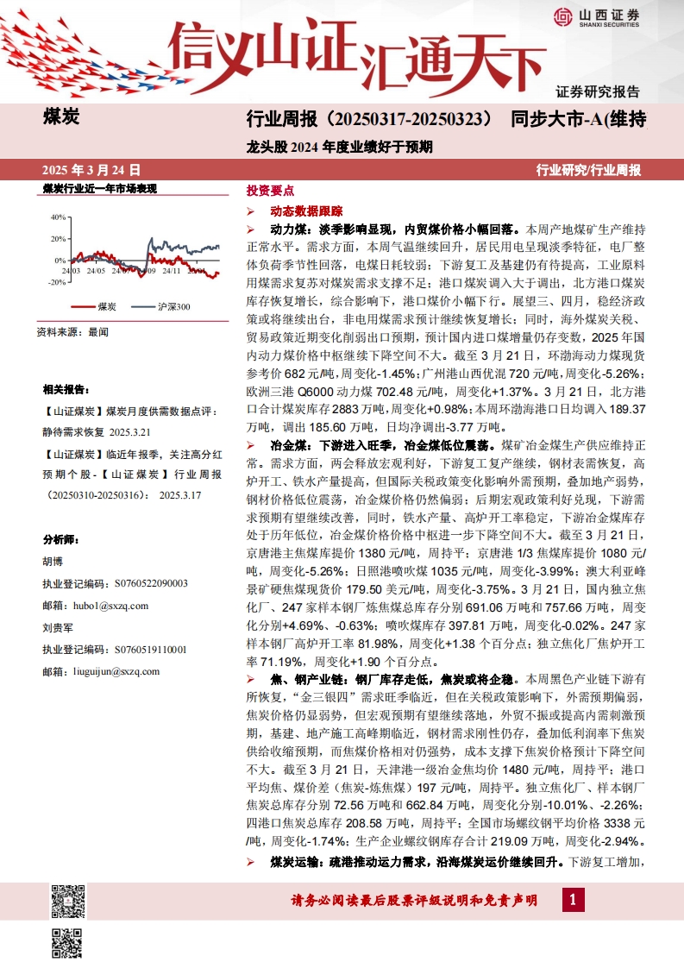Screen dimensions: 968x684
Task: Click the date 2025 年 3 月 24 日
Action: point(91,170)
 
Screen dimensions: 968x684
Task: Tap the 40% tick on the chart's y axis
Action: point(59,217)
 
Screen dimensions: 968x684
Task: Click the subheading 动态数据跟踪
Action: point(306,211)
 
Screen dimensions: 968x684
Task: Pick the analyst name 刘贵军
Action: point(57,627)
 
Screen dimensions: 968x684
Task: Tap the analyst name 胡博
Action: point(53,561)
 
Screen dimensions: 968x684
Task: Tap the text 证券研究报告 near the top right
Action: point(597,91)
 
